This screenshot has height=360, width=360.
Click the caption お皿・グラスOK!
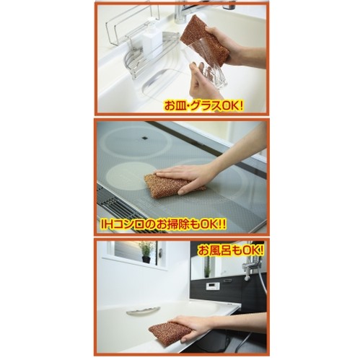click(203, 105)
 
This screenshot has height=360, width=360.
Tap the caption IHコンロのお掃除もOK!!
click(163, 225)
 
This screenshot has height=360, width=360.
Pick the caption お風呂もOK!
click(230, 251)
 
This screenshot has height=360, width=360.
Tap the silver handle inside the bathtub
click(144, 310)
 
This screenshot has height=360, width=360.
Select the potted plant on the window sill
click(146, 251)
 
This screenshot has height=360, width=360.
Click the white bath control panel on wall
click(213, 286)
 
